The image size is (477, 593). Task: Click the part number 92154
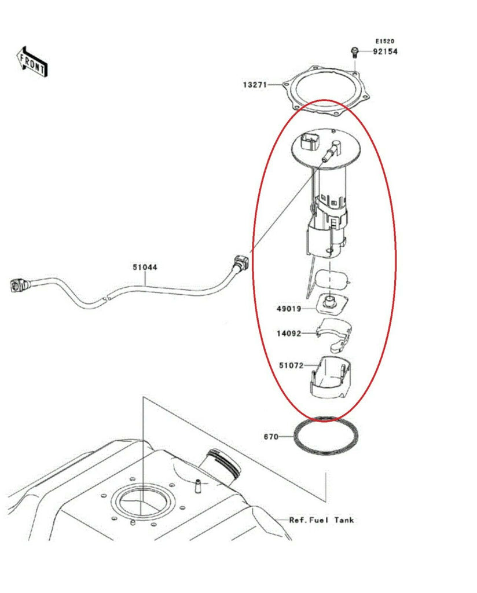(385, 52)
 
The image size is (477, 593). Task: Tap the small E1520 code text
(385, 41)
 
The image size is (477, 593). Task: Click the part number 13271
(255, 85)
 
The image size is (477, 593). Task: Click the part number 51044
(145, 268)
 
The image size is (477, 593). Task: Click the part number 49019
(289, 309)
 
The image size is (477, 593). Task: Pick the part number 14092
(289, 334)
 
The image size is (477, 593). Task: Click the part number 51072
(291, 365)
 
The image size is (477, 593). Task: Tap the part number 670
(271, 437)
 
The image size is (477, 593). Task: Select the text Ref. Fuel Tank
(321, 521)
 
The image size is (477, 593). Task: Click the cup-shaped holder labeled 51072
(332, 378)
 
